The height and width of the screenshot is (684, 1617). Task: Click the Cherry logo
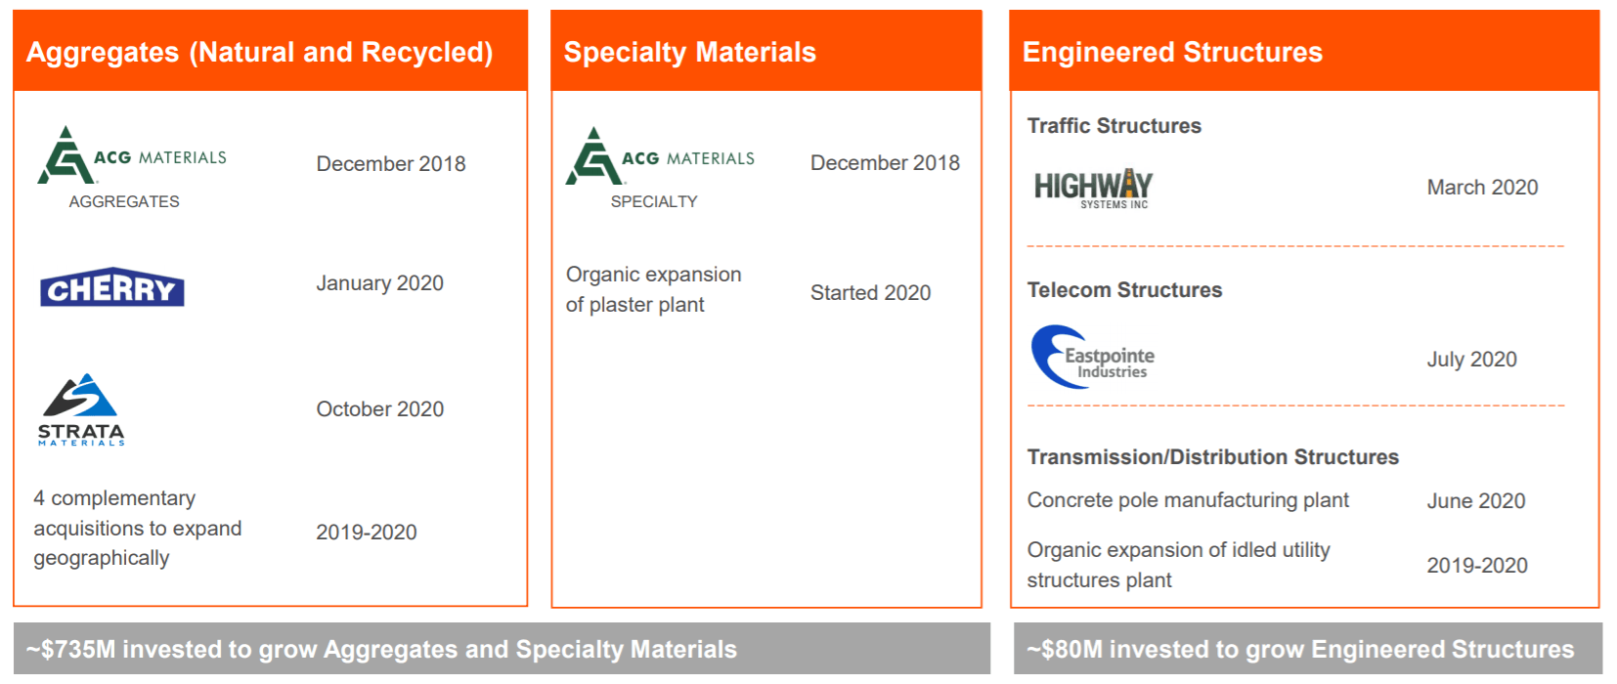(111, 287)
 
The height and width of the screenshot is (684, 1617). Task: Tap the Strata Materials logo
(81, 409)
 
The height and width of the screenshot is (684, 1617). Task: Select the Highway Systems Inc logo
(1093, 189)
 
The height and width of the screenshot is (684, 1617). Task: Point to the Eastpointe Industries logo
(1092, 357)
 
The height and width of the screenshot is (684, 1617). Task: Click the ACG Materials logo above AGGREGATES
(132, 154)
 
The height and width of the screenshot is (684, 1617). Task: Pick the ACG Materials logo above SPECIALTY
(660, 155)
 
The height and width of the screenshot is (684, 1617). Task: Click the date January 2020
(379, 282)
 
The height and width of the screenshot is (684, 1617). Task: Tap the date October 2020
(379, 409)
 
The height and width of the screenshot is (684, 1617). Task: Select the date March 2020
(1482, 188)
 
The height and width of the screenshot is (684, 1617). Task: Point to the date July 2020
(1472, 360)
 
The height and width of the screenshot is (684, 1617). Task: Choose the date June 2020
(1476, 500)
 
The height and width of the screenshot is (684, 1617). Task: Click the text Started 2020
(871, 293)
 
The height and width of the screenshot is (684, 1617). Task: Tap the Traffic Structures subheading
(1114, 125)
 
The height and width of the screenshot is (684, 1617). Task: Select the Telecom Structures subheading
(1124, 290)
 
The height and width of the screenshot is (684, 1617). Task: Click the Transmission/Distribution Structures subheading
(1212, 456)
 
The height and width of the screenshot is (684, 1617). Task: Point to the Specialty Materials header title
(689, 52)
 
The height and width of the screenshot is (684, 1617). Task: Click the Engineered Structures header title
(1172, 52)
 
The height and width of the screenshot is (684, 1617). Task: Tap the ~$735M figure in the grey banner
(70, 650)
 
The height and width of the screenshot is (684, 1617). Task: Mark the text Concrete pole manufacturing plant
(1188, 500)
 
